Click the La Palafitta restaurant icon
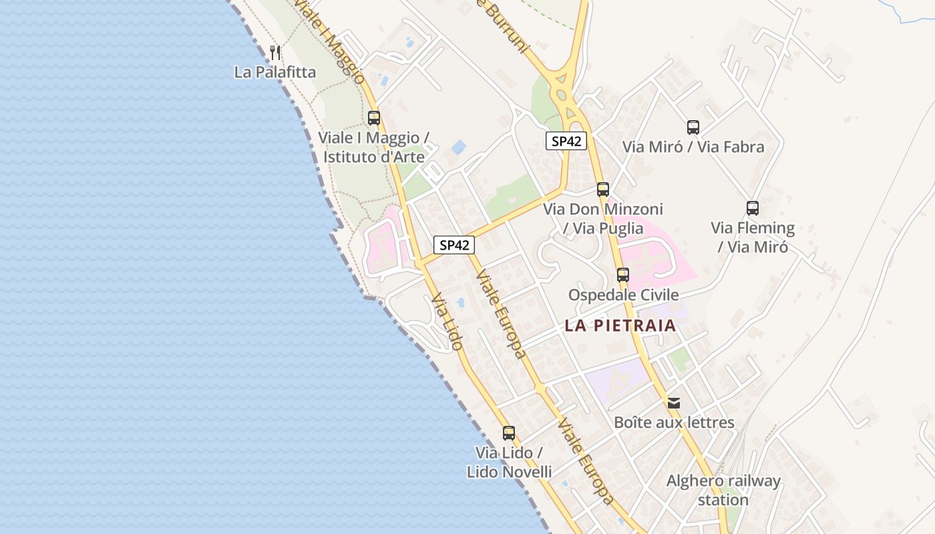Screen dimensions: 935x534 coord(274,52)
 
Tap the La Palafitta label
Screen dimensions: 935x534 coord(274,71)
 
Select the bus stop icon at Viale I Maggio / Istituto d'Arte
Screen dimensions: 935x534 coord(374,118)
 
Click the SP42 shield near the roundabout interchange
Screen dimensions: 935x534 coord(566,141)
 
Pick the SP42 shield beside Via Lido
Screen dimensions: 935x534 coord(454,245)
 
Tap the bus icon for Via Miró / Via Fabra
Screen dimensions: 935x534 coord(693,127)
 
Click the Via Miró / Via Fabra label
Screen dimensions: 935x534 coord(693,147)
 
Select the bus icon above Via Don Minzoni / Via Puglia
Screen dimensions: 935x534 coord(603,189)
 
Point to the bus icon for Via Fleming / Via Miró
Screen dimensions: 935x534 coord(753,208)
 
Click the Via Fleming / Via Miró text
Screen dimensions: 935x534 coord(753,238)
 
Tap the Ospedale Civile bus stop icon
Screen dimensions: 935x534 coord(623,274)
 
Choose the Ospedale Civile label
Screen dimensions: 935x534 coord(623,295)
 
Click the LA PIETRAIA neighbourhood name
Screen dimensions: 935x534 coord(620,326)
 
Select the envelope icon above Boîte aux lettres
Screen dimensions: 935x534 coord(674,403)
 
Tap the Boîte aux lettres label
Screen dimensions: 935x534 coord(674,423)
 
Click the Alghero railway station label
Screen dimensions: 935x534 coord(723,490)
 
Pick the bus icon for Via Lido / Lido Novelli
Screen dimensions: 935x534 coord(509,433)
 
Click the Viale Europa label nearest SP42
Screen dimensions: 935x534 coord(500,314)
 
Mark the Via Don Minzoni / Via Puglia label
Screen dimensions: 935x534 coord(603,219)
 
